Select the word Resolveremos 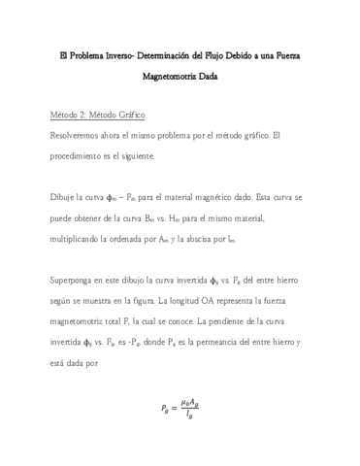(x=82, y=134)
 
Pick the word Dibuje (x=65, y=197)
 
